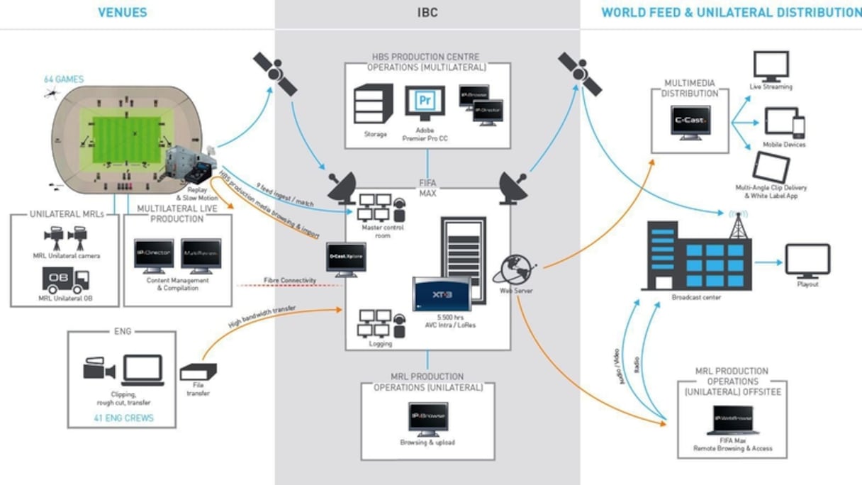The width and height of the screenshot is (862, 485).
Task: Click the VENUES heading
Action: [123, 12]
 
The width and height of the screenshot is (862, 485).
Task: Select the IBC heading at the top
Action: [427, 12]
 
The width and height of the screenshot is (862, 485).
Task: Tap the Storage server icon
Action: [373, 104]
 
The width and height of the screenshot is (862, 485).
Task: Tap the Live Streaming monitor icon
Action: [771, 67]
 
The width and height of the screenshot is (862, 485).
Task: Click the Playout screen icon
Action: [807, 261]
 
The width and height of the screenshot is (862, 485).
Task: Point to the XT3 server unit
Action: [441, 294]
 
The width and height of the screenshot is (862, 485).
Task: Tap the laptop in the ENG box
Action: [142, 369]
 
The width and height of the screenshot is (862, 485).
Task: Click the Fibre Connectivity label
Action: [289, 280]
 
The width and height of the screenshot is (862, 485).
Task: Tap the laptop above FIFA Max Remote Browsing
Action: [733, 420]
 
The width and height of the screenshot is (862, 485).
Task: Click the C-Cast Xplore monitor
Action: [346, 258]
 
